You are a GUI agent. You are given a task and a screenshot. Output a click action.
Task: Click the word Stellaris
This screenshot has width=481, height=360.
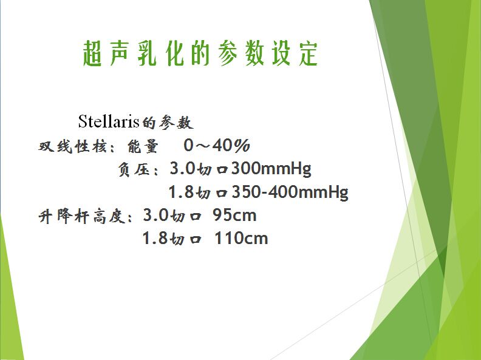pyautogui.click(x=109, y=121)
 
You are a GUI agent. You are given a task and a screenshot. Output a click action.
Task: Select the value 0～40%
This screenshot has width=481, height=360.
pyautogui.click(x=217, y=145)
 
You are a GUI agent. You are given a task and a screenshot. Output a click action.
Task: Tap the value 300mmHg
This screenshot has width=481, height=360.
pyautogui.click(x=271, y=169)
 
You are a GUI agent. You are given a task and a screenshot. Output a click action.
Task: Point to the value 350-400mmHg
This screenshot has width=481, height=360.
pyautogui.click(x=290, y=192)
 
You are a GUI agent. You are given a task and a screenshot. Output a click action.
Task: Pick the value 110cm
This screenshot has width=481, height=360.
pyautogui.click(x=241, y=239)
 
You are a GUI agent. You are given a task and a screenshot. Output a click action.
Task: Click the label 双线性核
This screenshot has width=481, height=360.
pyautogui.click(x=72, y=146)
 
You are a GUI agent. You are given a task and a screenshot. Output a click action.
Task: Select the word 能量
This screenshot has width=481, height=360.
pyautogui.click(x=143, y=146)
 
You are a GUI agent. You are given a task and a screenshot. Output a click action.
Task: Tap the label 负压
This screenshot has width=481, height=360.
pyautogui.click(x=134, y=169)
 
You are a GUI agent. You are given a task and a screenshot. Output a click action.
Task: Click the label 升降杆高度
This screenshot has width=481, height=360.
pyautogui.click(x=81, y=216)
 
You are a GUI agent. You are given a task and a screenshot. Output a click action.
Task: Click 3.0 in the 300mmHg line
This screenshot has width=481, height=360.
pyautogui.click(x=183, y=168)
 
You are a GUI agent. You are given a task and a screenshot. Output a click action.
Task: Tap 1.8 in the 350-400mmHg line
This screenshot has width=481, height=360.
pyautogui.click(x=182, y=192)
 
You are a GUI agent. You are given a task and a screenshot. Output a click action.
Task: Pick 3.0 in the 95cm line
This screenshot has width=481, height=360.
pyautogui.click(x=156, y=215)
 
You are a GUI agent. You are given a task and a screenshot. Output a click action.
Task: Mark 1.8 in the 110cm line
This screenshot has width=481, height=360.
pyautogui.click(x=155, y=238)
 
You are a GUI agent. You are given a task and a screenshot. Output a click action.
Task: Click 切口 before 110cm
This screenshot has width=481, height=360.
pyautogui.click(x=186, y=239)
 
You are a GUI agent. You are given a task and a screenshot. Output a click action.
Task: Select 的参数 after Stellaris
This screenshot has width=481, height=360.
pyautogui.click(x=168, y=123)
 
